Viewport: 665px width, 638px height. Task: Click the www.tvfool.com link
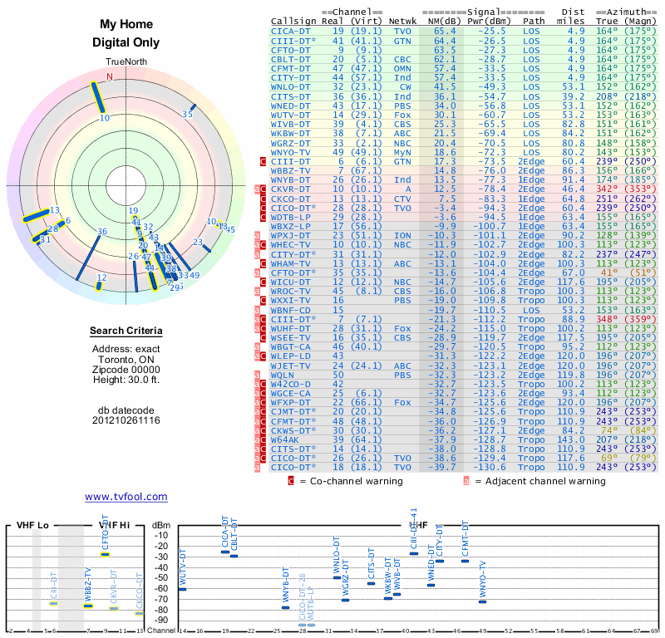(x=126, y=497)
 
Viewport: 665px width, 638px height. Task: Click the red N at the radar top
(x=109, y=76)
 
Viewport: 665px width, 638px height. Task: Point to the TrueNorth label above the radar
(x=126, y=62)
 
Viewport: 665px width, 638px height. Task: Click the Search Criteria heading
(x=126, y=331)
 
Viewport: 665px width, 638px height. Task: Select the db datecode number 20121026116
(x=126, y=421)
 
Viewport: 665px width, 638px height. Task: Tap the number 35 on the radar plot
(x=188, y=115)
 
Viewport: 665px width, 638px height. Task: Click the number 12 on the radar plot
(x=101, y=277)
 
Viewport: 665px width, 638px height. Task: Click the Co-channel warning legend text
(x=349, y=481)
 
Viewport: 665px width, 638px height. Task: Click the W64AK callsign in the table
(x=286, y=439)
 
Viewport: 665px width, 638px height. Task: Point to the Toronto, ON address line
(x=126, y=359)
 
